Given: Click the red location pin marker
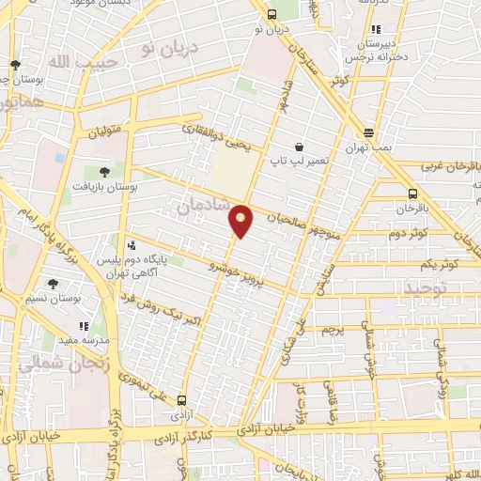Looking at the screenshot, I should (x=241, y=220).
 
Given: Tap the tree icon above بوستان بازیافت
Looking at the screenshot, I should (x=103, y=171).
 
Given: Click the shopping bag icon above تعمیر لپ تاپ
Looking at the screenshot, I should (x=299, y=147).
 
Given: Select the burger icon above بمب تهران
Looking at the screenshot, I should (x=369, y=132).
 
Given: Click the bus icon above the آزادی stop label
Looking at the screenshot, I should (x=181, y=398).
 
